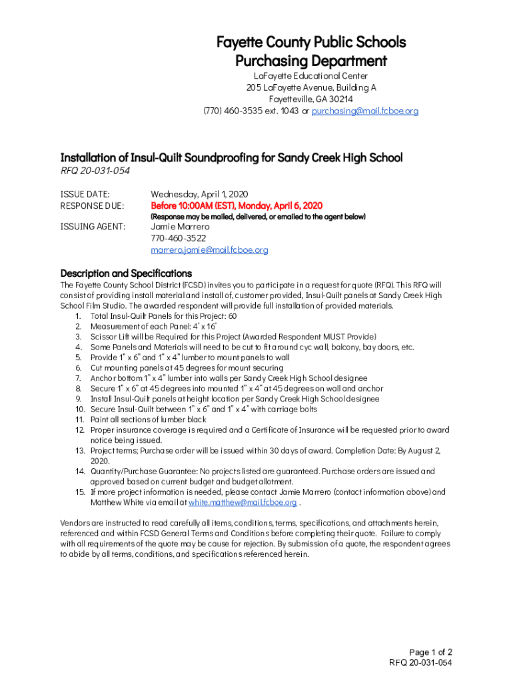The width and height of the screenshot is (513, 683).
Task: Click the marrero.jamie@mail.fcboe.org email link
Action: pos(209,250)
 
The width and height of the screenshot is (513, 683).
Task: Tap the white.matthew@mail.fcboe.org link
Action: pos(243,502)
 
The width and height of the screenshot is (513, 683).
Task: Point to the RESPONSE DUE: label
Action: pos(92,205)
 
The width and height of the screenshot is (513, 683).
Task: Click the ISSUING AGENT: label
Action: pos(93,227)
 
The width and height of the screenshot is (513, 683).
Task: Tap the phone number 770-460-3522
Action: pos(178,238)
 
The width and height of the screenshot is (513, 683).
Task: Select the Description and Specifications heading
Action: pos(126,273)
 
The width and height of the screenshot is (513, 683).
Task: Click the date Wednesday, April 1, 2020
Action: pos(199,193)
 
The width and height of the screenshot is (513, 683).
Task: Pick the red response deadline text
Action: pos(237,205)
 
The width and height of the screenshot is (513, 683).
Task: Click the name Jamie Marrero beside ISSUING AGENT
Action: pos(180,227)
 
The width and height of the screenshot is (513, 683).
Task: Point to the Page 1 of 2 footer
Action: pos(431,652)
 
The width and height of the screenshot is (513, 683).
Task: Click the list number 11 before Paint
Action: pos(79,420)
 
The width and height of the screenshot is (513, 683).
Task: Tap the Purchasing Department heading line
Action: pos(311,61)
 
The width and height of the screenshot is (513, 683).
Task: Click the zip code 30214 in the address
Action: pos(339,99)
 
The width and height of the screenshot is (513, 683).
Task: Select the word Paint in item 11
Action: pos(100,420)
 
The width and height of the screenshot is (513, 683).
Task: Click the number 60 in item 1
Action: pos(232,316)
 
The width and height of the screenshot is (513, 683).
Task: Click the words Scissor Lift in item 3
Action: pos(109,337)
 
